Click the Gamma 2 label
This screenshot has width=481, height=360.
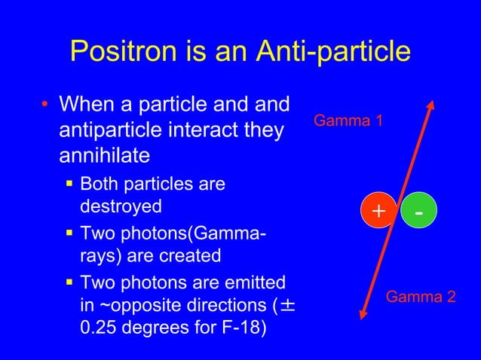[421, 297]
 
